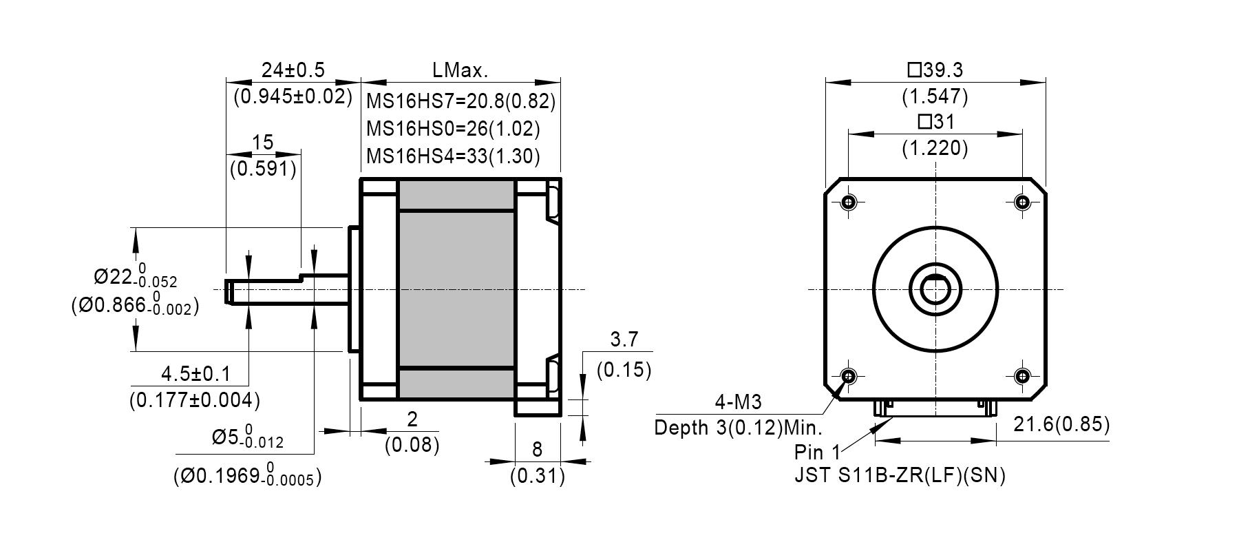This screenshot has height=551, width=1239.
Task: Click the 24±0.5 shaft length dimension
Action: tap(293, 70)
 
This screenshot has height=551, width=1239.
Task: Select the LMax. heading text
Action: tap(460, 70)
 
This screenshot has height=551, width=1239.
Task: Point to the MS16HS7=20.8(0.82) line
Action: tap(460, 102)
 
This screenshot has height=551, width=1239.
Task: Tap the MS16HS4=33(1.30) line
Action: tap(453, 156)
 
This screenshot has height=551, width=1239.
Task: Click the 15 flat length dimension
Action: tap(263, 143)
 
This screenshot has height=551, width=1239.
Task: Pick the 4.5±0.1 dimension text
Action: tap(195, 375)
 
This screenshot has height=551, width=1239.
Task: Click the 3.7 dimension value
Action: tap(624, 340)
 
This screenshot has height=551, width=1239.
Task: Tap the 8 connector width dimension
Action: tap(538, 450)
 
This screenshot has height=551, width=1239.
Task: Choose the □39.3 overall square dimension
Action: tap(935, 70)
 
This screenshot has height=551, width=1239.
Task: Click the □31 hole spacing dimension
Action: tap(935, 123)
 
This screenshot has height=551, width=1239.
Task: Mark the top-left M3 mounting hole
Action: tap(849, 202)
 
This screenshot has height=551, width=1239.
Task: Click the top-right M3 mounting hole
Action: tap(1023, 202)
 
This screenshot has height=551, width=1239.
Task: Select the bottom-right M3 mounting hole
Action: tap(1023, 376)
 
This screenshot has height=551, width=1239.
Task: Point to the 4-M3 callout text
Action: tap(738, 402)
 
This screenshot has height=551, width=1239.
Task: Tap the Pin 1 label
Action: tap(816, 453)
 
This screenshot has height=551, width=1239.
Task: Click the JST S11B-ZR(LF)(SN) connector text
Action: tap(900, 476)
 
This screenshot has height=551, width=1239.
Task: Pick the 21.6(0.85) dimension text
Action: tap(1061, 425)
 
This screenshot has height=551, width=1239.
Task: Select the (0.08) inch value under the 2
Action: tap(412, 446)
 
